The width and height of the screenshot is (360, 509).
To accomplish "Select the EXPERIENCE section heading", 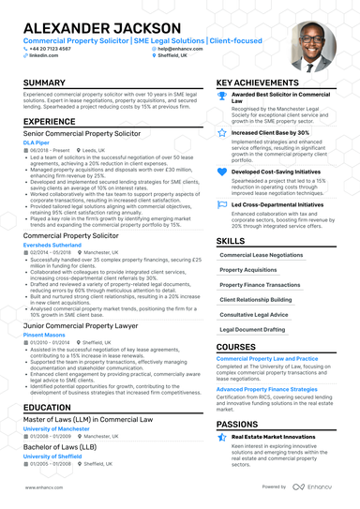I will pos(49,122).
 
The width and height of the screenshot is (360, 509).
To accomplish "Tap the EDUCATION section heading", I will pos(46,408).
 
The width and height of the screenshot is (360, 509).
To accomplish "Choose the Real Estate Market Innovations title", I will pos(273,436).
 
